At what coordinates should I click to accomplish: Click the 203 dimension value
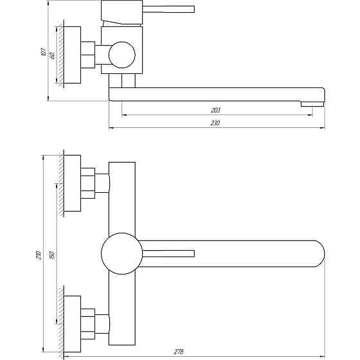click(x=215, y=110)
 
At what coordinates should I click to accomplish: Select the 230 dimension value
click(x=215, y=123)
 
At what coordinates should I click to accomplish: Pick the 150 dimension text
click(x=51, y=254)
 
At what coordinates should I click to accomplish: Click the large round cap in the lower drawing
click(x=120, y=253)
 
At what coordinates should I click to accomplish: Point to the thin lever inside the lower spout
click(x=168, y=253)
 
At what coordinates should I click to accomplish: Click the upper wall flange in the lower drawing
click(x=72, y=183)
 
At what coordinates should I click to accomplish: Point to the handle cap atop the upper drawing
click(x=121, y=12)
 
